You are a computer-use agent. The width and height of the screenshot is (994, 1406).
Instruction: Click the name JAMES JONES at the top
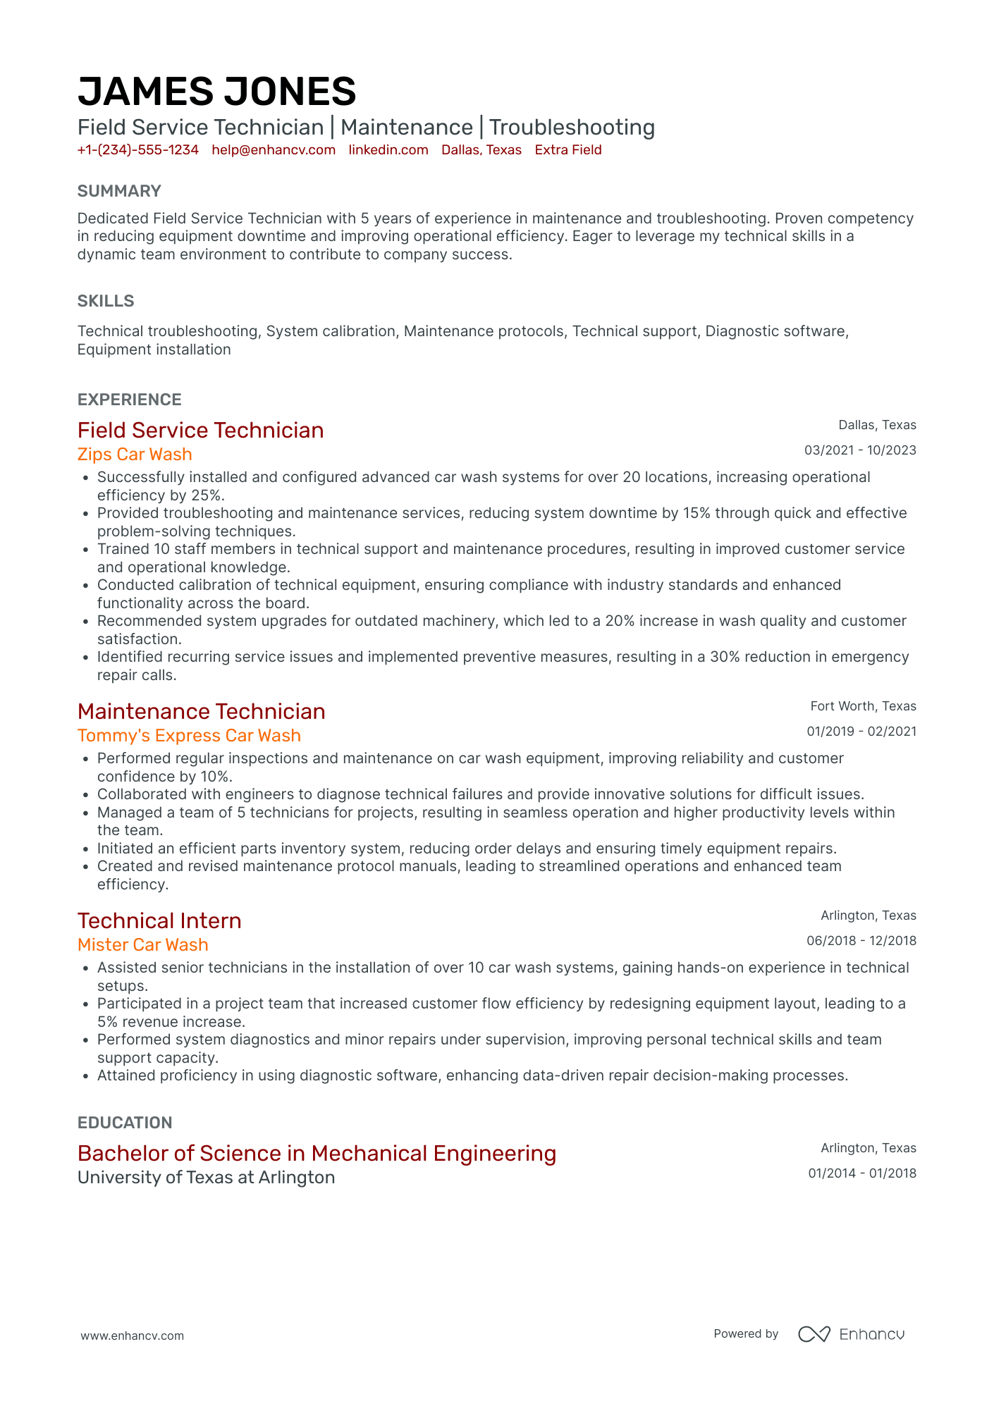point(216,92)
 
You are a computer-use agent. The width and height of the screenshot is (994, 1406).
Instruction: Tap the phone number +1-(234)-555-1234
point(137,150)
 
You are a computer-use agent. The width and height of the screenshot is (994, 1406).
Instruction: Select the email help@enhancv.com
point(274,150)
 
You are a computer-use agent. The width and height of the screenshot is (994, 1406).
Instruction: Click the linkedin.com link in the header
point(388,150)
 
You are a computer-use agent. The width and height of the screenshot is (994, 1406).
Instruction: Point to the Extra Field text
point(567,150)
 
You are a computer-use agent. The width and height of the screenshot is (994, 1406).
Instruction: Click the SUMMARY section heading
point(119,191)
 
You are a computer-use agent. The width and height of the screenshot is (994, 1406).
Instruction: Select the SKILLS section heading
point(106,301)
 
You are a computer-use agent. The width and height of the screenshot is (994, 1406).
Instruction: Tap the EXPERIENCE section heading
point(130,400)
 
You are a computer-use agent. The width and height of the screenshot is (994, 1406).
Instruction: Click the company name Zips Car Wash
point(135,455)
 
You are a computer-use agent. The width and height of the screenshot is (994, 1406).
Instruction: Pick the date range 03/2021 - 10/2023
point(860,450)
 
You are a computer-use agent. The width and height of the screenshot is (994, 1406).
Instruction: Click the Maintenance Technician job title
point(202,712)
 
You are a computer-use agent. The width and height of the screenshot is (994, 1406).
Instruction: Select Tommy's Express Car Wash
point(189,736)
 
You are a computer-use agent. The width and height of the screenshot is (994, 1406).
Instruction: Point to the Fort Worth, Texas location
point(863,706)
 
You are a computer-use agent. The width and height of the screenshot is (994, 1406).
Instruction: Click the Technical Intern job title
point(159,921)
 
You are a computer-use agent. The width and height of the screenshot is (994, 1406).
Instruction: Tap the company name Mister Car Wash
point(143,945)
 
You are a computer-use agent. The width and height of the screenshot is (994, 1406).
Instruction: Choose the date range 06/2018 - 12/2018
point(861,941)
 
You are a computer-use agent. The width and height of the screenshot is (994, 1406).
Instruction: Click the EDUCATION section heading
point(125,1123)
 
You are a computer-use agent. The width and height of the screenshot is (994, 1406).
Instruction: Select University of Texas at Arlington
point(206,1178)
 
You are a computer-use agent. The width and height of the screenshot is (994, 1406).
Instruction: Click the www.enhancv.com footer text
point(133,1336)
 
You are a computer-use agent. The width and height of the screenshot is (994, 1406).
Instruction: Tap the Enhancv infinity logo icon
point(814,1334)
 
